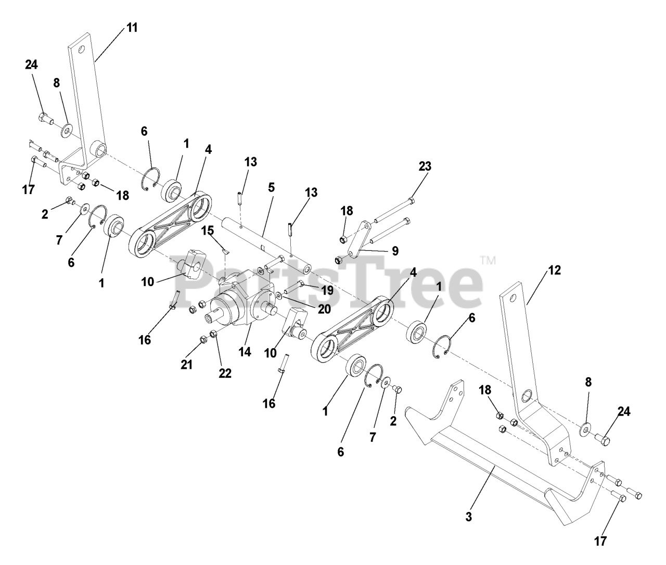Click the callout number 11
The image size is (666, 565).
tap(132, 28)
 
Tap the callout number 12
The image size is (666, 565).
tap(554, 271)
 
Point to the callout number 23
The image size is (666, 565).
tap(425, 166)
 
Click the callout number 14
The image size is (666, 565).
tap(245, 352)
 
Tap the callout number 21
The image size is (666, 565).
tap(186, 364)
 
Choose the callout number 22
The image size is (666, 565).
tap(225, 373)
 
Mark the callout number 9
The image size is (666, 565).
tap(395, 251)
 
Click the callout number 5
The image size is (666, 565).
tap(271, 187)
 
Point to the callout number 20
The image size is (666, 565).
tap(324, 309)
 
